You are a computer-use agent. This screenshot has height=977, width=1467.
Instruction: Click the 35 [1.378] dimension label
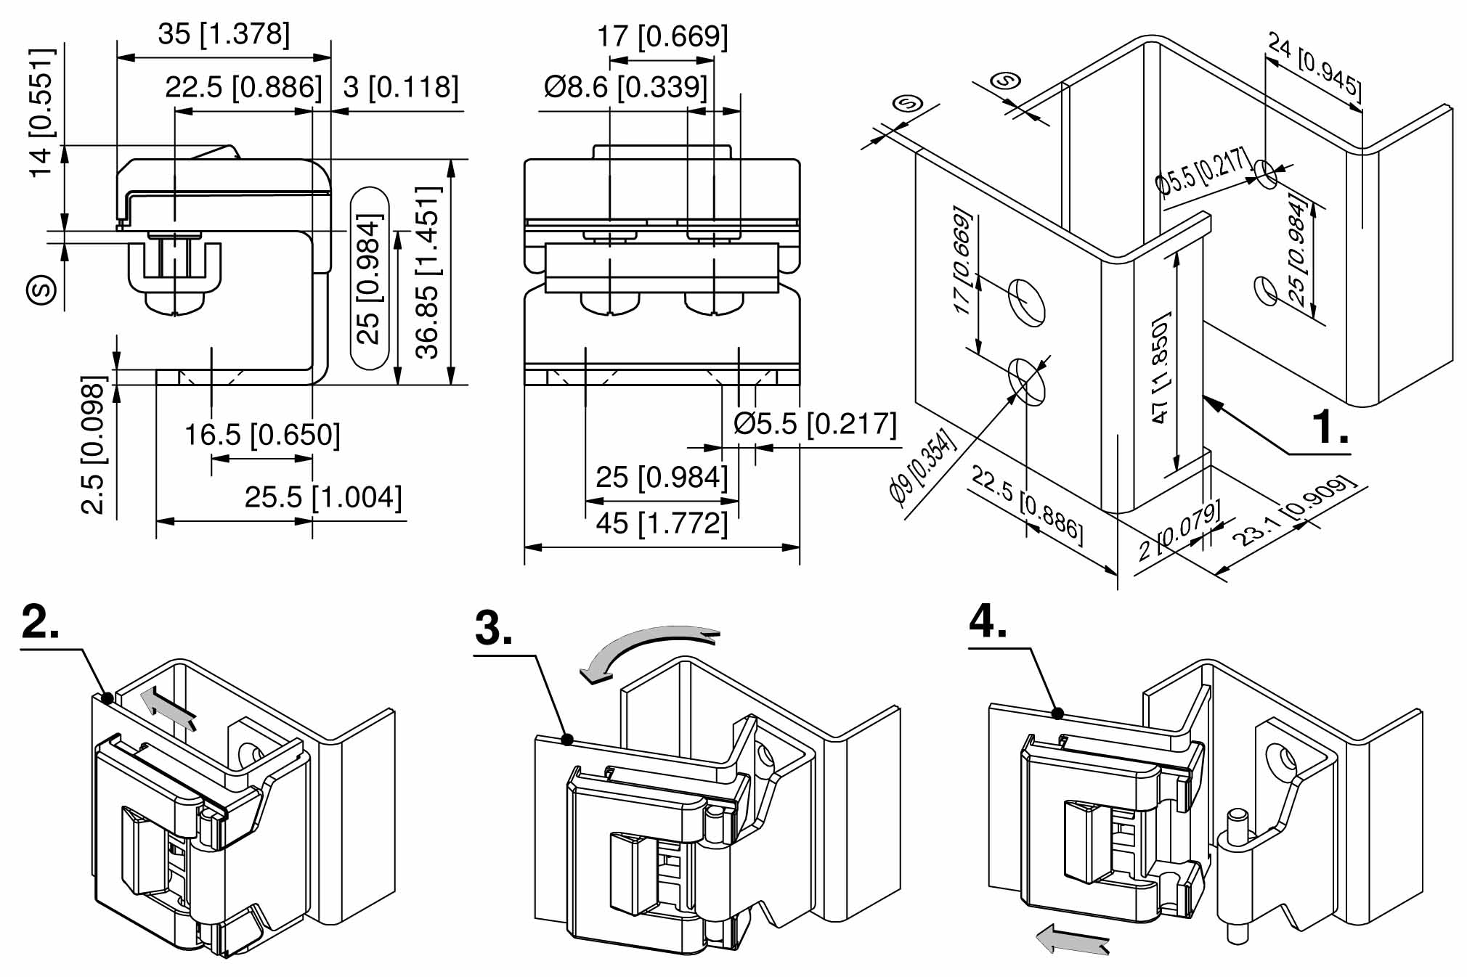click(x=224, y=33)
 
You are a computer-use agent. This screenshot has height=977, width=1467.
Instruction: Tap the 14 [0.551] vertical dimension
click(x=41, y=112)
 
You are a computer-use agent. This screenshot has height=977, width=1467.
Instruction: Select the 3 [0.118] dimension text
click(x=401, y=87)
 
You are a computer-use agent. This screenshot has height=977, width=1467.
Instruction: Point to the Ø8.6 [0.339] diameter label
click(x=625, y=87)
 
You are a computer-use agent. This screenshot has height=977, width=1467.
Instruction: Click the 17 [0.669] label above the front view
click(x=662, y=36)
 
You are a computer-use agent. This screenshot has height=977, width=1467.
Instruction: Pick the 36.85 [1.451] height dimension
click(x=428, y=272)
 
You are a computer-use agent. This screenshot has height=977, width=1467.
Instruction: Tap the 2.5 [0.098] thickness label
click(x=94, y=444)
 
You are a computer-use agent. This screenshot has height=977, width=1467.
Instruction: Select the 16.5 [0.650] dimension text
click(x=262, y=435)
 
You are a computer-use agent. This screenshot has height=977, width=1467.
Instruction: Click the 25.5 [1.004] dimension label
click(x=322, y=497)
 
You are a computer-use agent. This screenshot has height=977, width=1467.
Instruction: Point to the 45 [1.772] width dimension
click(x=662, y=523)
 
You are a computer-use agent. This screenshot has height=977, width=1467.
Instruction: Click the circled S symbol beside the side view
click(x=41, y=290)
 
